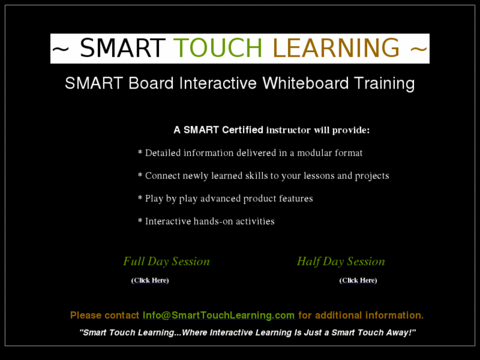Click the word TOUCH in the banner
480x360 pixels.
(x=218, y=48)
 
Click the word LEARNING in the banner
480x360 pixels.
(x=336, y=48)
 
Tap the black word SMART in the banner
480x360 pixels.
(x=122, y=48)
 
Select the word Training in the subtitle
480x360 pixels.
(x=384, y=84)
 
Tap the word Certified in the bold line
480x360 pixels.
(x=242, y=130)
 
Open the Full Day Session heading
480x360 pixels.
(x=166, y=262)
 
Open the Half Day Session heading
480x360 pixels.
(x=341, y=262)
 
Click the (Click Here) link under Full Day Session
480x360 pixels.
(x=150, y=281)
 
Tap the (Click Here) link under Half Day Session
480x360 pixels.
(x=358, y=281)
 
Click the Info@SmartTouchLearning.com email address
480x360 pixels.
(x=219, y=316)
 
